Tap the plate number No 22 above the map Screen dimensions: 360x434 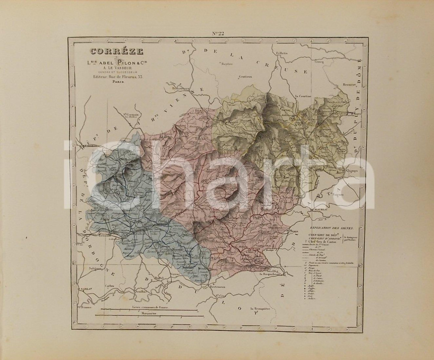218,34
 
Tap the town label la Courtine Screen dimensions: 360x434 304,96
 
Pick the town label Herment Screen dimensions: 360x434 349,85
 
